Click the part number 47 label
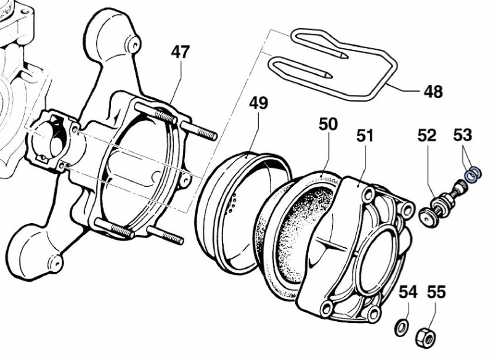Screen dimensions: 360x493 (180, 53)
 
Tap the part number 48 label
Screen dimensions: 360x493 (433, 92)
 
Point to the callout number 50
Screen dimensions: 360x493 (328, 124)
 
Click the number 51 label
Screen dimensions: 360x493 (365, 136)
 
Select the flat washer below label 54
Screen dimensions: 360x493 (400, 325)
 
